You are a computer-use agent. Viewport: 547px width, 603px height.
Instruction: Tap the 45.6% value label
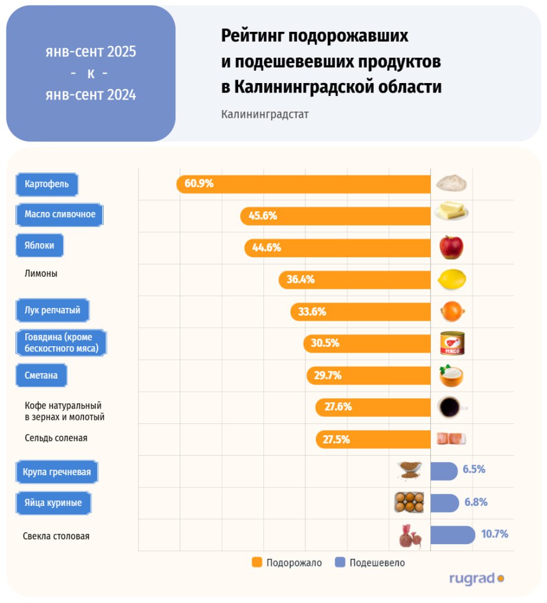coord(263,216)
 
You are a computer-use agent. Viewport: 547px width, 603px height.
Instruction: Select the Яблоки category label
coord(39,246)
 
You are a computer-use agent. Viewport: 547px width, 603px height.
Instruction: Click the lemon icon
coord(452,279)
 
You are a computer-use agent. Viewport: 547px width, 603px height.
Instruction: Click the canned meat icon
coord(452,343)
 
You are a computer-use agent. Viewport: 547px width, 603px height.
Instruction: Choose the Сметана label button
coord(41,375)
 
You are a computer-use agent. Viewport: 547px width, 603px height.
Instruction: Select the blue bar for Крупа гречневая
coord(443,471)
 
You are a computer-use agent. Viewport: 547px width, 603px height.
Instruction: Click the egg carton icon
coord(409,502)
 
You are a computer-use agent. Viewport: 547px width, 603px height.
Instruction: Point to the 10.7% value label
coord(495,535)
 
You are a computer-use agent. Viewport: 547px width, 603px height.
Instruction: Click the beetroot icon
coord(410,536)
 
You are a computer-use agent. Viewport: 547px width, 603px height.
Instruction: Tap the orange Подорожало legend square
coord(256,562)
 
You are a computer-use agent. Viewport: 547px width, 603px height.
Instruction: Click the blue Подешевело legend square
coord(340,562)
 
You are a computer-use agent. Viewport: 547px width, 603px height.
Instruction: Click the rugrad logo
coord(476,579)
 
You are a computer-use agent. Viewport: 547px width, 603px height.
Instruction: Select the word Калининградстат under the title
coord(265,114)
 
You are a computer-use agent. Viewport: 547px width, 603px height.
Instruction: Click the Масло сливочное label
coord(60,214)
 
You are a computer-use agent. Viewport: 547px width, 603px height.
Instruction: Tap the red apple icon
coord(452,247)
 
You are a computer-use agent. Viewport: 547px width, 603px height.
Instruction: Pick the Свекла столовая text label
coord(56,536)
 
